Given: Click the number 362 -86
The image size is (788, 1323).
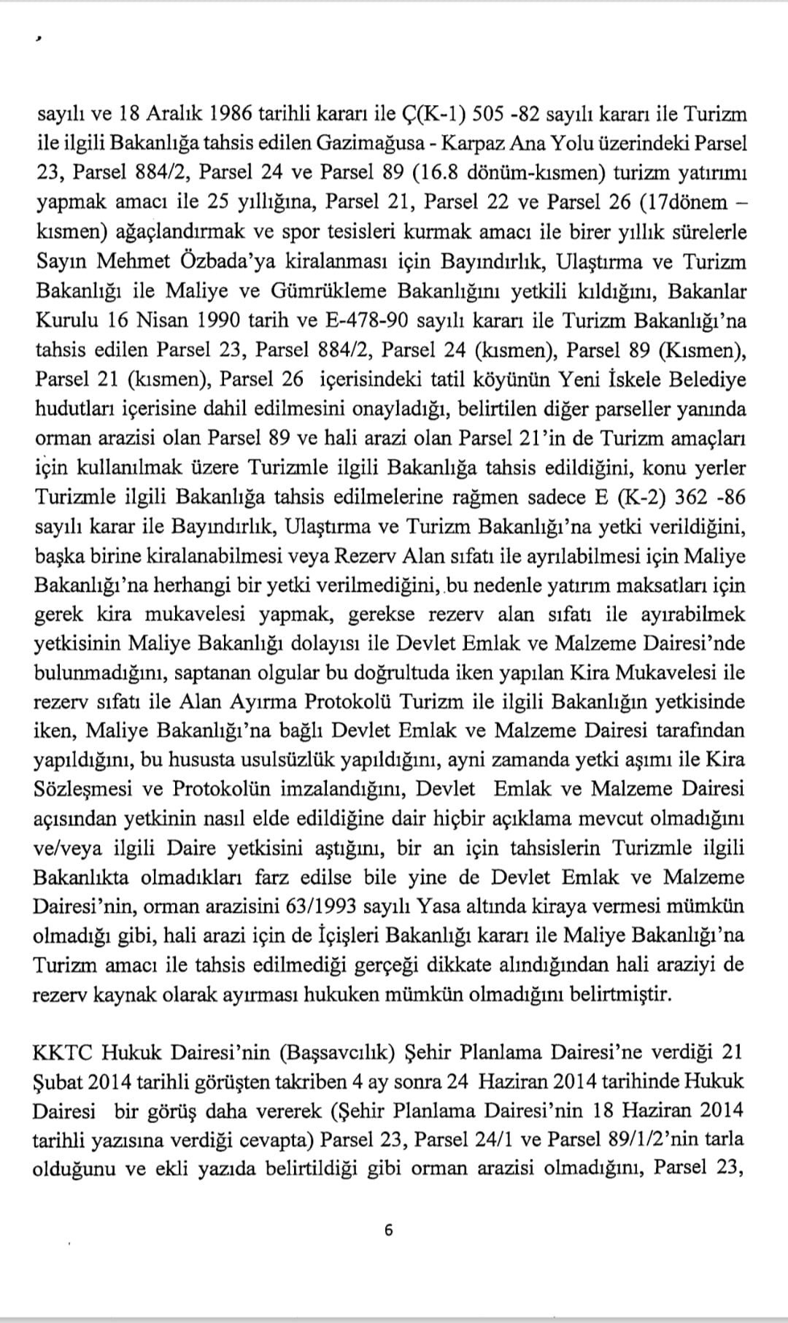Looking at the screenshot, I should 704,497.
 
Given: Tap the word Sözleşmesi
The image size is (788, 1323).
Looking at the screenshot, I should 77,790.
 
